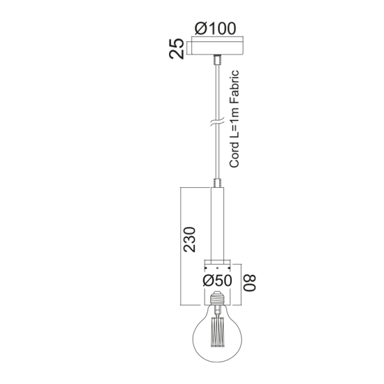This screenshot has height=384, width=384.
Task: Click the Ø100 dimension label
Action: tap(215, 29)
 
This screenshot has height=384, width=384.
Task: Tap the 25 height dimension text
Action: tap(178, 50)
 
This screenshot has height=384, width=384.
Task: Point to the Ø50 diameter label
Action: tap(217, 281)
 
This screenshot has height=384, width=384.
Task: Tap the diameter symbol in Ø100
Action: tap(200, 29)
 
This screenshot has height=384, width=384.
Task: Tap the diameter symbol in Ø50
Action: tap(207, 281)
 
